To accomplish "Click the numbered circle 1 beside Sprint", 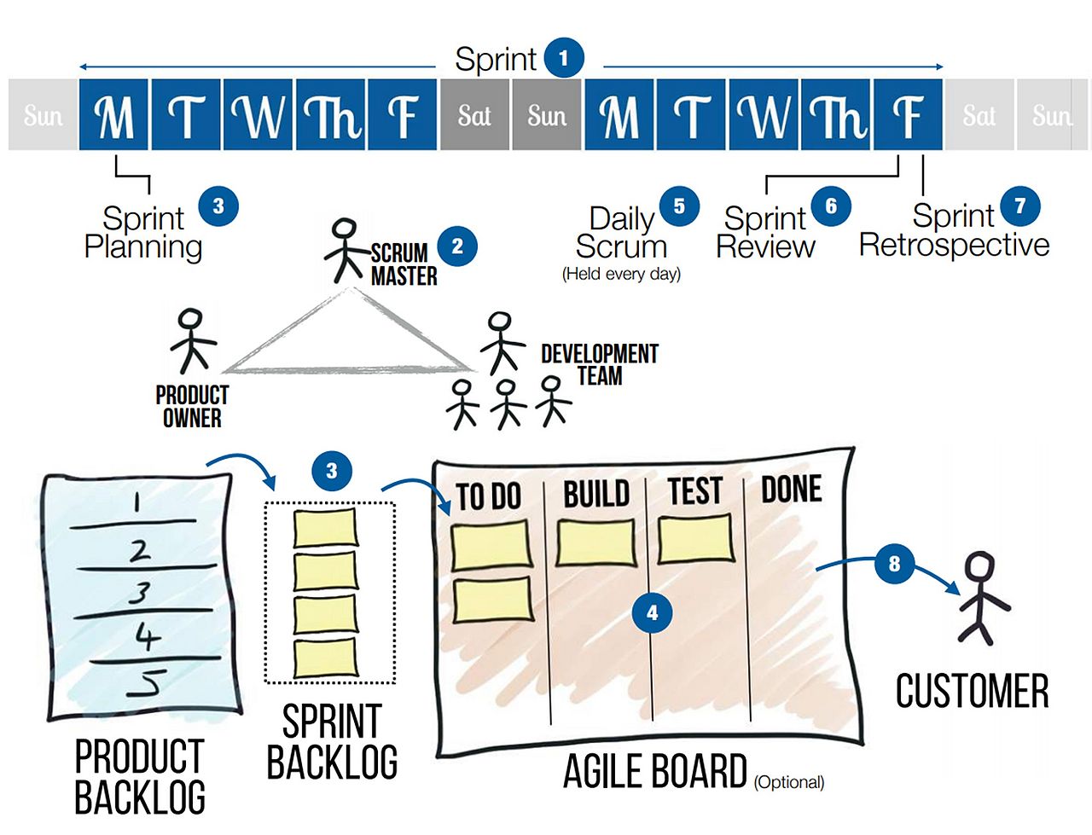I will [563, 58].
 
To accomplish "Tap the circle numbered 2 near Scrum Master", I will [457, 246].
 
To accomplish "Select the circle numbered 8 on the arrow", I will [894, 564].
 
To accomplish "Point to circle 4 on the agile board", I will [653, 612].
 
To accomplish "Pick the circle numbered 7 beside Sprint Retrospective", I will [1019, 206].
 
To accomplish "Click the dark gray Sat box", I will [474, 115].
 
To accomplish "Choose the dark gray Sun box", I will [547, 115].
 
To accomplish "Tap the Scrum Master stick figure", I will [345, 250].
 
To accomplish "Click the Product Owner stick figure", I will [192, 339].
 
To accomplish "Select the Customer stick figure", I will [981, 597].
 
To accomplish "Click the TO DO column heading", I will [488, 496].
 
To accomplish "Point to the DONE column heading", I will [791, 490].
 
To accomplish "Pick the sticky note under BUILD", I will [595, 543].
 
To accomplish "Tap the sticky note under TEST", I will [695, 540].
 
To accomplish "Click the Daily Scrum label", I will [621, 232].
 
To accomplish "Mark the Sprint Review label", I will [765, 232].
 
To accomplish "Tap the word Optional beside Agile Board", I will [789, 781].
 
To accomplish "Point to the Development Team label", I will [599, 364].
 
